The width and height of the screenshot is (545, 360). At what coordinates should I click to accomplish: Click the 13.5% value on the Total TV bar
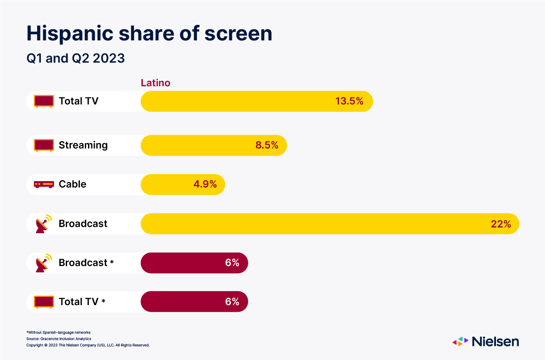coord(349,101)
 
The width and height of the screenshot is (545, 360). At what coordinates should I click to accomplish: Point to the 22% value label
coord(501,224)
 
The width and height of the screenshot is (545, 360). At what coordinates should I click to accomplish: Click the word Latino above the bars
coord(156,83)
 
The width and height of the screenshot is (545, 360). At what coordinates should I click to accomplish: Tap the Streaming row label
coord(83,145)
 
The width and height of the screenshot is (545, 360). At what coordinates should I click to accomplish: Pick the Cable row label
coord(72,184)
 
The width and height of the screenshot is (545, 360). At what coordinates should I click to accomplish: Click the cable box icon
coord(44,185)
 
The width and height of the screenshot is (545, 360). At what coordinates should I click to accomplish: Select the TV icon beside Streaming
coord(44,146)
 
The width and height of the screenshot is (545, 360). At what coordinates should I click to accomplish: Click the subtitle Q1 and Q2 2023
coord(75,59)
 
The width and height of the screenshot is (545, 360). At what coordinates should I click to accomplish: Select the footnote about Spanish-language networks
coord(59,332)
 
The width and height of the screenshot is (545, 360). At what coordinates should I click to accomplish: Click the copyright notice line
coord(88,345)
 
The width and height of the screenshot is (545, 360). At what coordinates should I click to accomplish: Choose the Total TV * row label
coord(82,302)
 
